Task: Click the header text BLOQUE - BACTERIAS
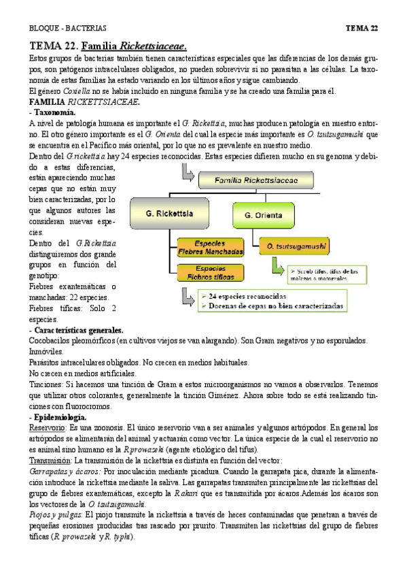tap(68, 28)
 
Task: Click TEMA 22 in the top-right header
tap(361, 28)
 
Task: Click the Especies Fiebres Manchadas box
tap(210, 246)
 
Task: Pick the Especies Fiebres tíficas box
tap(210, 273)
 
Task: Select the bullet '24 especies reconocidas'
tap(251, 297)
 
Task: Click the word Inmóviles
tap(46, 351)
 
